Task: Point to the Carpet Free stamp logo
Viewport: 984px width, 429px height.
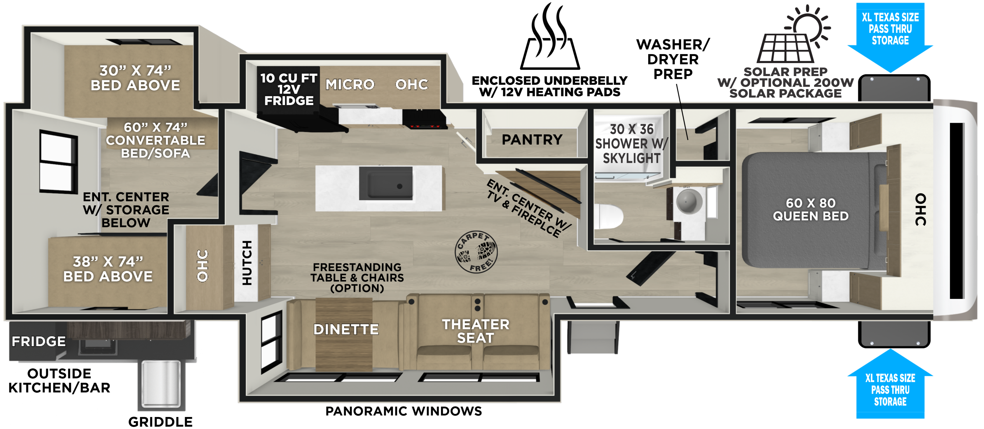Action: [476, 252]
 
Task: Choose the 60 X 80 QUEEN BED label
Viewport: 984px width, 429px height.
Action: [811, 209]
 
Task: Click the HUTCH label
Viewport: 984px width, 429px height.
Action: [247, 263]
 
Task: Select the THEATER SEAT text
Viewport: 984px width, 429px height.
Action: [476, 331]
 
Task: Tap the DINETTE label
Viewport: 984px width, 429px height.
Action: [346, 329]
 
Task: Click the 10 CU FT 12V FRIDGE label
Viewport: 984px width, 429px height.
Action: [289, 89]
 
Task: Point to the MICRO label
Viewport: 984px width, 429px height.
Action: [350, 84]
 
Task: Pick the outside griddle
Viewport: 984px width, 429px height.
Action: [161, 384]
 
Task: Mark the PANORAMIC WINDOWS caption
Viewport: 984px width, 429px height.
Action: [403, 411]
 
